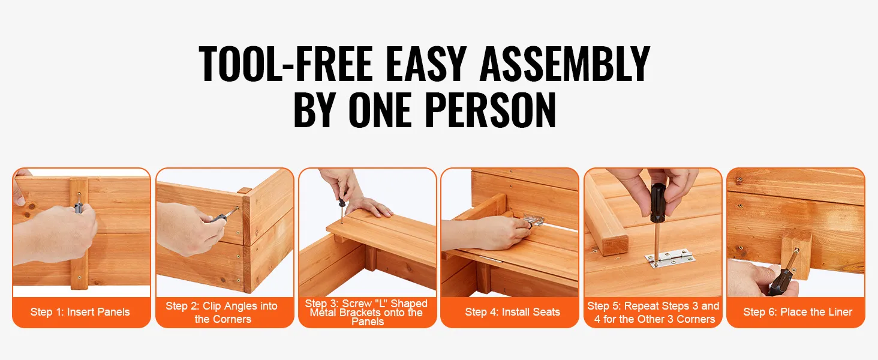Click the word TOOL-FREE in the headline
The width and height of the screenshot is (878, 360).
[x=285, y=64]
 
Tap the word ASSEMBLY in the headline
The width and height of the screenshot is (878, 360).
[x=565, y=64]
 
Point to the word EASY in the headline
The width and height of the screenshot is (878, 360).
[x=426, y=64]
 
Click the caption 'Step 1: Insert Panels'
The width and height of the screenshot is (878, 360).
[x=80, y=312]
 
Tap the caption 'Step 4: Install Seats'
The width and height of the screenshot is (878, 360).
[x=512, y=312]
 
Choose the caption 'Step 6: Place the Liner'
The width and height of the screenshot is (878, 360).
[x=798, y=312]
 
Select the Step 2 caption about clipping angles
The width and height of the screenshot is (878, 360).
[x=222, y=313]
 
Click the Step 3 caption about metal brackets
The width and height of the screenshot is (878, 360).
[x=366, y=313]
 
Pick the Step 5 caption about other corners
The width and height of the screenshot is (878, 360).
[x=654, y=313]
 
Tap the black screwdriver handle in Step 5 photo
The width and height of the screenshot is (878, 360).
[x=658, y=203]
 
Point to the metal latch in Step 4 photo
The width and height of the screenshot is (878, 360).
[x=533, y=220]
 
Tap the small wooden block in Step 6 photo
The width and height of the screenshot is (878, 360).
[x=795, y=254]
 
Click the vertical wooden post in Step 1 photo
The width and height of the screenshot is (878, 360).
[x=79, y=234]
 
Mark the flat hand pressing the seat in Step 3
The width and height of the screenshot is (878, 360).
[x=368, y=207]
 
